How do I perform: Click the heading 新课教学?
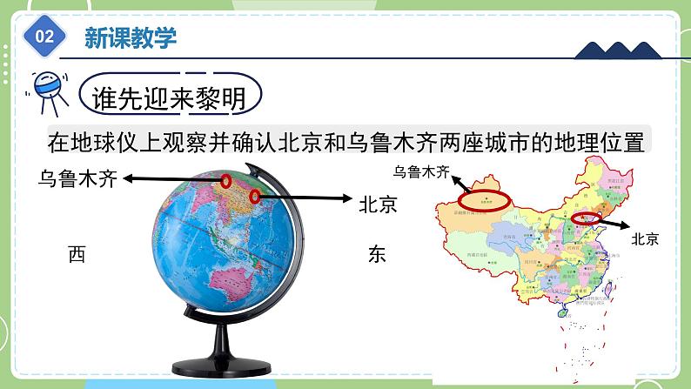[131, 37]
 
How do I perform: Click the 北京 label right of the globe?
[378, 205]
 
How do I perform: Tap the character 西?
[77, 254]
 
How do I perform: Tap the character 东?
[377, 254]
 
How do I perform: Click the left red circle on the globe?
[226, 182]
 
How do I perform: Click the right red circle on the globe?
[255, 198]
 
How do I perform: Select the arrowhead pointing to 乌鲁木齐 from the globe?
[128, 178]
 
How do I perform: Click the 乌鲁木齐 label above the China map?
[422, 171]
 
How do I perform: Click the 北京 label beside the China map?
[645, 237]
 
